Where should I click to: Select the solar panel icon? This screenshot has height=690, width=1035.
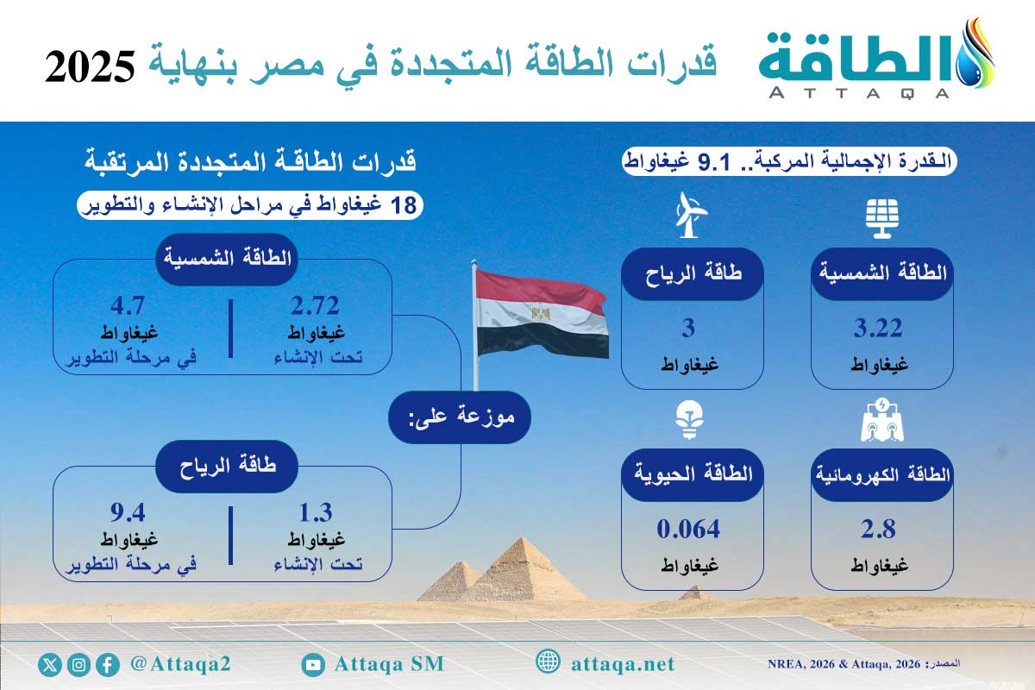(x=881, y=216)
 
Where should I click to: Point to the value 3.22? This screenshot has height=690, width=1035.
(x=881, y=329)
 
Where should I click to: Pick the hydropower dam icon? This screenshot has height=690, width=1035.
(x=881, y=420)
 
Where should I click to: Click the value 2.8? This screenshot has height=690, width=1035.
(x=881, y=529)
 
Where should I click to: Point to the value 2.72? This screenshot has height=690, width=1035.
(x=315, y=306)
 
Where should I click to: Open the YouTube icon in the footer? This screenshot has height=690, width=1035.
(x=313, y=664)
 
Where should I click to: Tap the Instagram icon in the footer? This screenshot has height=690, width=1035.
(x=79, y=664)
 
